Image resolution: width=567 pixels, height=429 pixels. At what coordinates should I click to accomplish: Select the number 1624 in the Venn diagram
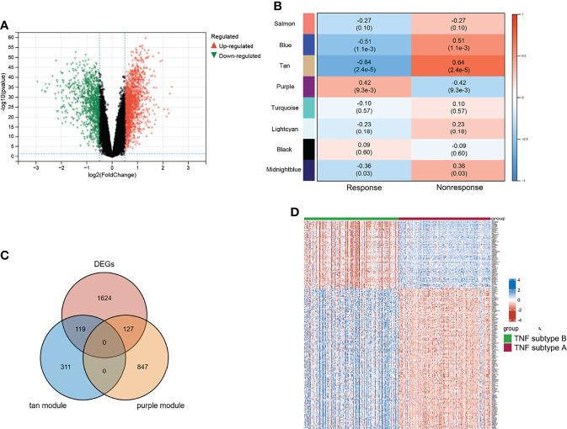point(104,273)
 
